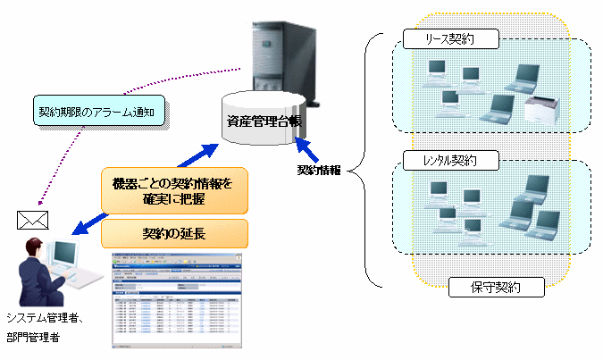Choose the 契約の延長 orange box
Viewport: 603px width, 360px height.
tap(175, 234)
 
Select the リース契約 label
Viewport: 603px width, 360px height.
tap(450, 40)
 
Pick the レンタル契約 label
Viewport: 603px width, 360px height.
tap(451, 162)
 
